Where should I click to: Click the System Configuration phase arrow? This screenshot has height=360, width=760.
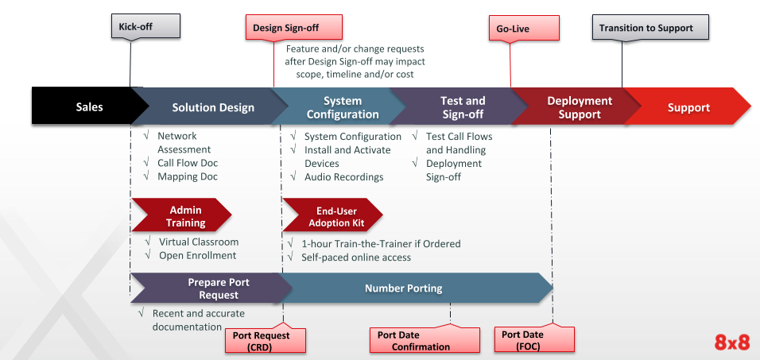tap(343, 107)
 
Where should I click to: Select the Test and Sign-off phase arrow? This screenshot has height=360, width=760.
tap(463, 107)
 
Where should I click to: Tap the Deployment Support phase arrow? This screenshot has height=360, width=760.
tap(580, 107)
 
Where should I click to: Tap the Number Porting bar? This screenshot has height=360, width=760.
tap(404, 288)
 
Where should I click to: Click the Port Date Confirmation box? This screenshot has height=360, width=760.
tap(425, 341)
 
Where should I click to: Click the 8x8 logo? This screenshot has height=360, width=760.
tap(731, 343)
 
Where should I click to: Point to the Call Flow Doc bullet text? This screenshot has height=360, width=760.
tap(187, 163)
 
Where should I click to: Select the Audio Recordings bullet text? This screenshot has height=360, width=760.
tap(343, 176)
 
